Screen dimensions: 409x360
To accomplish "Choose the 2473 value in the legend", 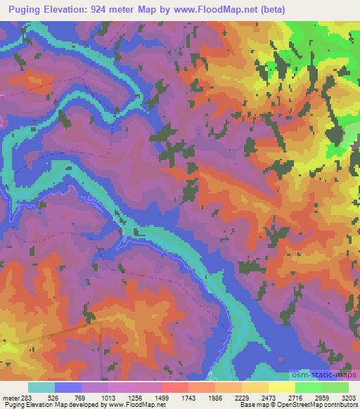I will click(269, 397).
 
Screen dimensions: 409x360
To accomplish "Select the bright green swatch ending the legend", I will click(335, 387).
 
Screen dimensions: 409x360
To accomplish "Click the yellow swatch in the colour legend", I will click(281, 387).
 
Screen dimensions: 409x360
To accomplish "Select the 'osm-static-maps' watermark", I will click(323, 377).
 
